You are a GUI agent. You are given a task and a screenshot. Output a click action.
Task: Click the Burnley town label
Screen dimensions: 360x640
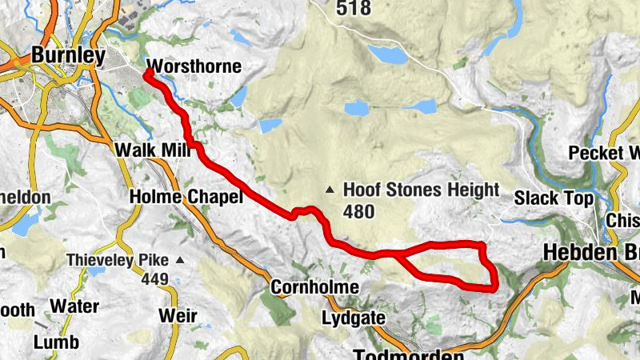pyautogui.click(x=68, y=56)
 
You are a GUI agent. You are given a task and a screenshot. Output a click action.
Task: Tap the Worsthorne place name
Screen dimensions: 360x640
pyautogui.click(x=194, y=66)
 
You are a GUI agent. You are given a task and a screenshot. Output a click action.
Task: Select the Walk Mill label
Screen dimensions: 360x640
pyautogui.click(x=150, y=150)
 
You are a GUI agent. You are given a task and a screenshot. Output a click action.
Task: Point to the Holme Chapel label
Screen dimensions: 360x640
pyautogui.click(x=185, y=197)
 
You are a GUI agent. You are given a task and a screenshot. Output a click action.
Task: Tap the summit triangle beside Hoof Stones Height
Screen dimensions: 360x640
pyautogui.click(x=330, y=190)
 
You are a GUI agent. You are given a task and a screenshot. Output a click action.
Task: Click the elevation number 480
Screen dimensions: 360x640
pyautogui.click(x=359, y=211)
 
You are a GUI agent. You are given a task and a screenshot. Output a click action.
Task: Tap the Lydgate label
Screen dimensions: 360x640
pyautogui.click(x=353, y=318)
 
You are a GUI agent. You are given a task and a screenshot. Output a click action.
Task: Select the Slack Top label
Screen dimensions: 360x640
pyautogui.click(x=554, y=198)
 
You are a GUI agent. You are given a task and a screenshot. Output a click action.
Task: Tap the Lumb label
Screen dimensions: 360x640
pyautogui.click(x=57, y=342)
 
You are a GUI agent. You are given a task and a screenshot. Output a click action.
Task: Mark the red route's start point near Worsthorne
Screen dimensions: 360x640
pyautogui.click(x=149, y=74)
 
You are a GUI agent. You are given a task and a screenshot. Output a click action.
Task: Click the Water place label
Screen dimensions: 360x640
pyautogui.click(x=74, y=306)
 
